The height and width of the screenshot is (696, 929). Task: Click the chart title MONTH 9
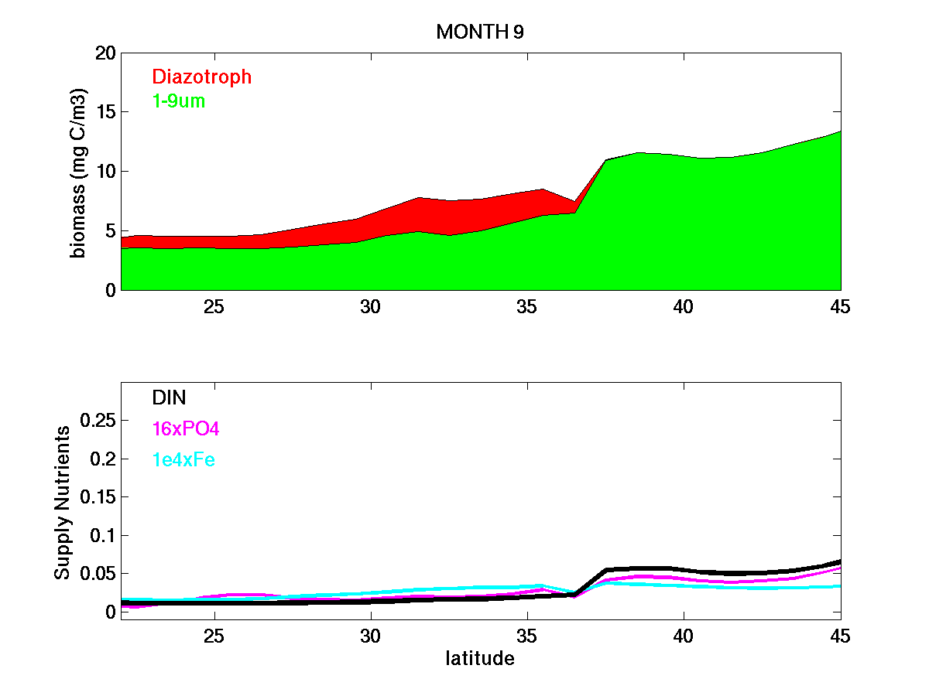(481, 32)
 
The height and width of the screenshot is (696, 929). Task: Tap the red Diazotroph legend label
(201, 77)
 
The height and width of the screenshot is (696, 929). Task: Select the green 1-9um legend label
(179, 101)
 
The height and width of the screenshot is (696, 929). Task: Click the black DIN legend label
(169, 397)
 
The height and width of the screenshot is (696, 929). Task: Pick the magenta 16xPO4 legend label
(187, 429)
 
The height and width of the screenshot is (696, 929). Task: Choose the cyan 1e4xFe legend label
(183, 460)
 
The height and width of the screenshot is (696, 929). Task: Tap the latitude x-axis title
(480, 659)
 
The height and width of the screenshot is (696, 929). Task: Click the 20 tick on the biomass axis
(105, 53)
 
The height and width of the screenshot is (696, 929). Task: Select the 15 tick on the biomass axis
(105, 112)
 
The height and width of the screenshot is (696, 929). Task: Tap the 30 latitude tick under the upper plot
(371, 306)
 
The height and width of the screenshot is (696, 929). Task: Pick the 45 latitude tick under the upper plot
(840, 306)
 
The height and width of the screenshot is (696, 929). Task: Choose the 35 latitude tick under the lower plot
(527, 636)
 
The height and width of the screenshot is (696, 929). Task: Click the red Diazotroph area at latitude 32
(434, 216)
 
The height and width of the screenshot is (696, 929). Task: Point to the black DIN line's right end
(838, 562)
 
